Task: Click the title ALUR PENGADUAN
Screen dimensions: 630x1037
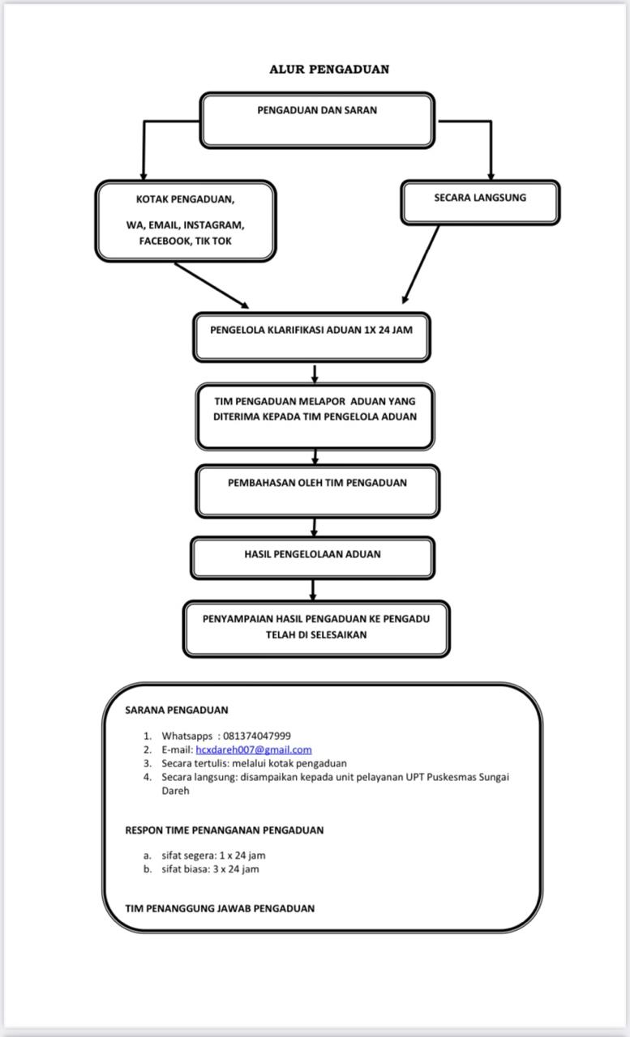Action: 329,70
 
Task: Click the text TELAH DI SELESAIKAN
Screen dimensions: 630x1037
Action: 316,634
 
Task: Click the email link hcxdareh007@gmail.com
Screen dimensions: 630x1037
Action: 254,749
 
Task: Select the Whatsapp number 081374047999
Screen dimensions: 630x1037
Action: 257,736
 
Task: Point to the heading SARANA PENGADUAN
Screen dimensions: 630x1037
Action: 177,711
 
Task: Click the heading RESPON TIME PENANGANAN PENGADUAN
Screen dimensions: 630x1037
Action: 225,830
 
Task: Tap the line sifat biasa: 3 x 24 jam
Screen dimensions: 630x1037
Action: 210,869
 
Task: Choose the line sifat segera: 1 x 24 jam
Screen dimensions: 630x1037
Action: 213,856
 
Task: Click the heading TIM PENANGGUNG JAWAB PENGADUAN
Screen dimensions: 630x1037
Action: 220,908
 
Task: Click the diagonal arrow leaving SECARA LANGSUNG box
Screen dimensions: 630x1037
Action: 420,265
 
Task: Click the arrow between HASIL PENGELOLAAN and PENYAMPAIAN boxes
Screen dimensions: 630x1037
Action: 313,591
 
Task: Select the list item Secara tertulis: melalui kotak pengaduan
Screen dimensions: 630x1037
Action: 254,763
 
